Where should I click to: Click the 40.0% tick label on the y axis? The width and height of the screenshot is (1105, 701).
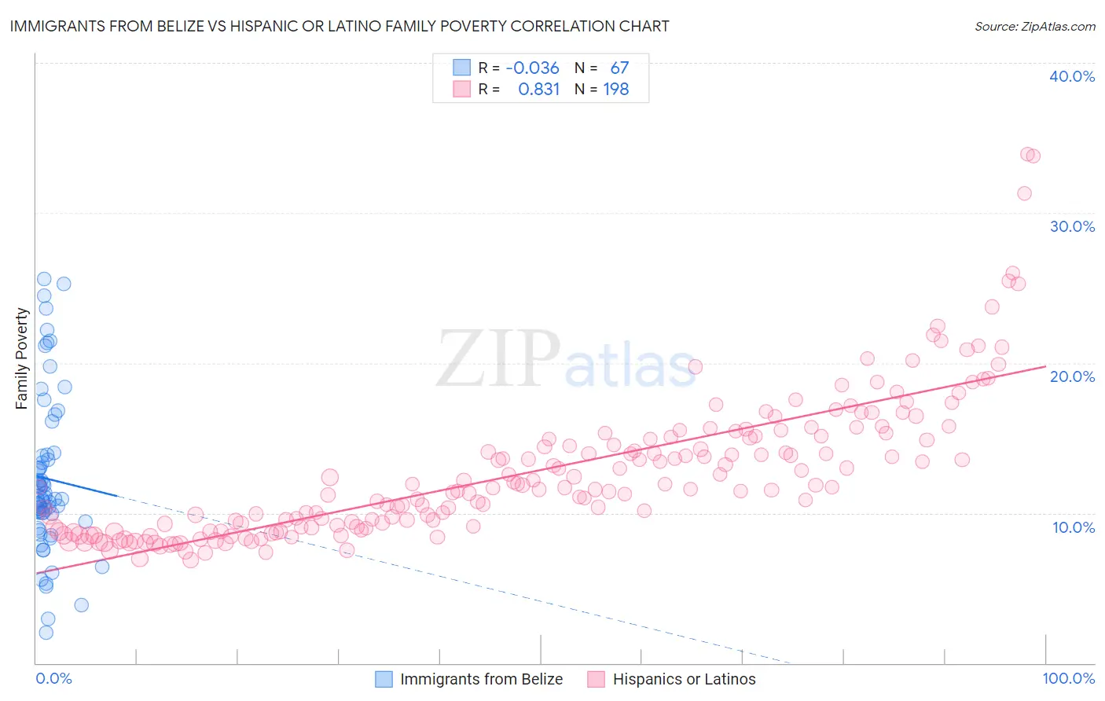click(x=1071, y=76)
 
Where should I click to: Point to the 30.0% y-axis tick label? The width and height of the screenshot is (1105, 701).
click(x=1071, y=226)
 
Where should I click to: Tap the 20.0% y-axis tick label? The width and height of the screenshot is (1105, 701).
click(x=1071, y=376)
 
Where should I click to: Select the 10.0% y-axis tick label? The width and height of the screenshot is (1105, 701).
click(x=1073, y=527)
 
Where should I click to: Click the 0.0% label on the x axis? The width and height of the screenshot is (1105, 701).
click(x=53, y=678)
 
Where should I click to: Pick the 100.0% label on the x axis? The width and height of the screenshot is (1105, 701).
click(x=1068, y=678)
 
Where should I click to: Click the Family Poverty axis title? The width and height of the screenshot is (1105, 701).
click(x=22, y=358)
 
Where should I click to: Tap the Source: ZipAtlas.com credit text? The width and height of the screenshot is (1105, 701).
click(x=1034, y=26)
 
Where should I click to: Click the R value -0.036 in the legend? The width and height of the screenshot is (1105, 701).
click(x=532, y=68)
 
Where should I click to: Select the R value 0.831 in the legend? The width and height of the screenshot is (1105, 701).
click(x=538, y=90)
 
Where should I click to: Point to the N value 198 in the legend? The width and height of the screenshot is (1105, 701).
click(x=615, y=90)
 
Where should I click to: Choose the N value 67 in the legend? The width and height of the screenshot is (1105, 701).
click(x=619, y=68)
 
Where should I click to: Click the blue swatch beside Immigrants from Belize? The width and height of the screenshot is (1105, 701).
click(x=384, y=679)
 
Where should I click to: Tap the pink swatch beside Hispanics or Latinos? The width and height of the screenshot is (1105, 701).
click(x=596, y=679)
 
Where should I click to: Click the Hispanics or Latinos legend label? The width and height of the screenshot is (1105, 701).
click(x=684, y=679)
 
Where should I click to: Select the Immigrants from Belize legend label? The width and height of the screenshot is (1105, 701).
click(x=481, y=679)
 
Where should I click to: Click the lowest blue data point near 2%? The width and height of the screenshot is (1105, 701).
click(x=46, y=633)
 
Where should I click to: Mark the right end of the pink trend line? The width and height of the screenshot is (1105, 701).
click(x=1045, y=366)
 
